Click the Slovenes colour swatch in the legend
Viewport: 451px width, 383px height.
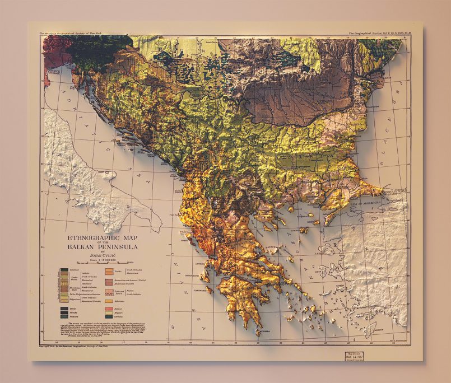(64, 269)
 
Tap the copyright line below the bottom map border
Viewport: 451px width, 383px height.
(73, 346)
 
